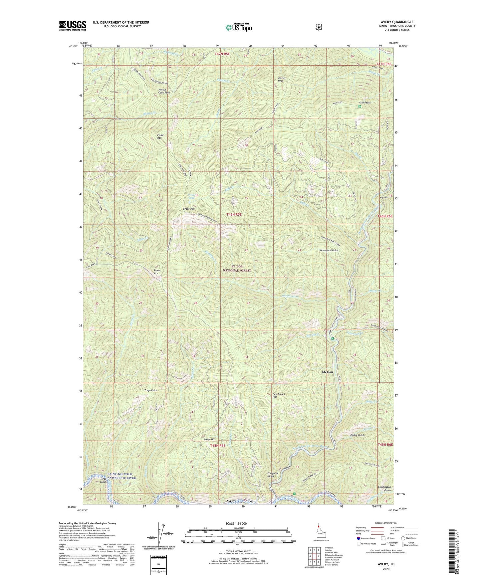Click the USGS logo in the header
click(73, 26)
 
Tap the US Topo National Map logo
click(238, 27)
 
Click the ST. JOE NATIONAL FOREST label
click(237, 269)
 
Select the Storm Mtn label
click(157, 272)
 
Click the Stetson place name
click(327, 372)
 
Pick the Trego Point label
click(150, 390)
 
